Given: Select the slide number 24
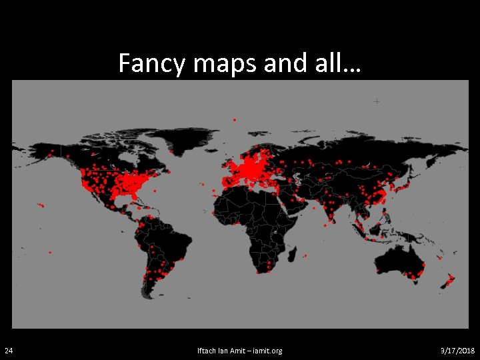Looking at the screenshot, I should tap(8, 351).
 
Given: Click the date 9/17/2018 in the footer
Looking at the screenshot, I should tap(458, 351).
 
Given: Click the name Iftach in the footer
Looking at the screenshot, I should tap(207, 351).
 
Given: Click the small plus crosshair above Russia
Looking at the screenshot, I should tap(377, 101).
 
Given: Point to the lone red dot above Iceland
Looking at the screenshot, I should tap(235, 120).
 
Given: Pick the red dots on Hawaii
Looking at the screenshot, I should tap(41, 205).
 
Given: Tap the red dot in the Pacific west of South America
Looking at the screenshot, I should tap(49, 253).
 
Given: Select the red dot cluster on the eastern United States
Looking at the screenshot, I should tap(137, 183).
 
